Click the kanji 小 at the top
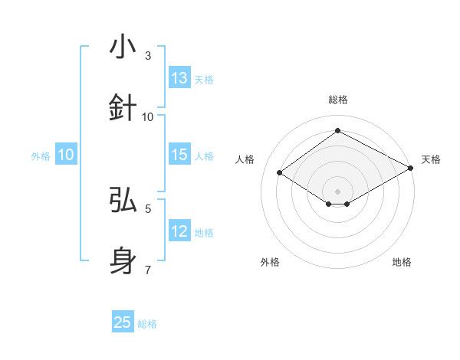(123, 47)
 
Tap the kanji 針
(123, 108)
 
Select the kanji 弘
(123, 200)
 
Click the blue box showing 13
(179, 77)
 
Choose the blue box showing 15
(179, 155)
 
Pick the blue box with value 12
(179, 231)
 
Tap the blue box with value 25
(123, 322)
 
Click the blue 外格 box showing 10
(66, 155)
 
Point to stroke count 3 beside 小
(148, 56)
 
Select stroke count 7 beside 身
(148, 270)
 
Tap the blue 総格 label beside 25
(147, 324)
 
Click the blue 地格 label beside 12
(204, 233)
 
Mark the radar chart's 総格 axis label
(338, 100)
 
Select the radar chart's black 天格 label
(431, 159)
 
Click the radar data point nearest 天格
(411, 169)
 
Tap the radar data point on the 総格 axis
(337, 131)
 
